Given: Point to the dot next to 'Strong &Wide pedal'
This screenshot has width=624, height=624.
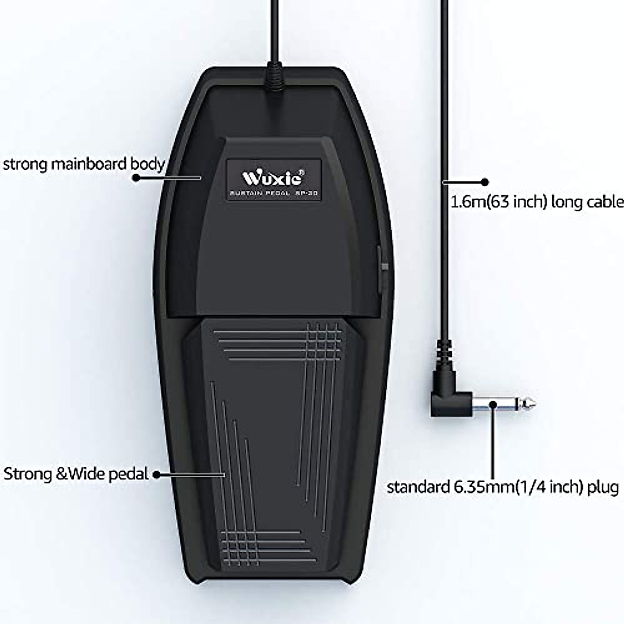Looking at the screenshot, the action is click(x=155, y=474).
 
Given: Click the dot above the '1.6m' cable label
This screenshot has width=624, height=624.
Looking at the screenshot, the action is click(x=485, y=182).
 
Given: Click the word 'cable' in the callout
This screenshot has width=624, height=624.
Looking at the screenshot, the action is click(x=604, y=201).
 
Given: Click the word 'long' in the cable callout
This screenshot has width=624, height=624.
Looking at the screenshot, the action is click(x=569, y=202).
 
